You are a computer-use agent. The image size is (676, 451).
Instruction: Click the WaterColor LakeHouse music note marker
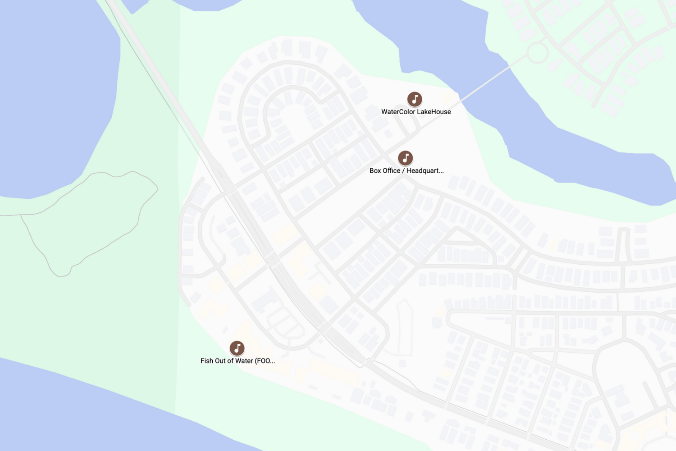pos(415,99)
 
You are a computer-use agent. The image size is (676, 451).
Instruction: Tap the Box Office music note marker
pos(405,158)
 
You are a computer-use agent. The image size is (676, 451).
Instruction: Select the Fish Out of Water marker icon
pos(237,348)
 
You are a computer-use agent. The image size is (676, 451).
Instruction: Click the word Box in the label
pos(375,170)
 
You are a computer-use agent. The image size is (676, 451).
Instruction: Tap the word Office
pos(391,170)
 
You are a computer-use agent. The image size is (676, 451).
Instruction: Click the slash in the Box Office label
pos(403,170)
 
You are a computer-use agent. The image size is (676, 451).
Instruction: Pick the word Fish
pos(207,361)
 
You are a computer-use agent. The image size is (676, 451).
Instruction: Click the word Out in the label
pos(222,361)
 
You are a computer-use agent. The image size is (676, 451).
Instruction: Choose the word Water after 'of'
pos(244,361)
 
